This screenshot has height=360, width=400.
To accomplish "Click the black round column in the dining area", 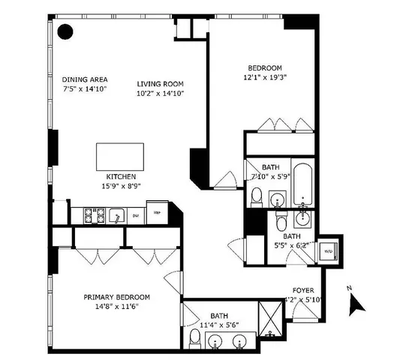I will (66, 31).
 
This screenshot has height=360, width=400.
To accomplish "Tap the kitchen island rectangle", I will (121, 157).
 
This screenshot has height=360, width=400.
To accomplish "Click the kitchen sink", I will (116, 216).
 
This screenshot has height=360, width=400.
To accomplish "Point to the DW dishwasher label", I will (136, 216).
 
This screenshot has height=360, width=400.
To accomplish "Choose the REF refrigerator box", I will (157, 212).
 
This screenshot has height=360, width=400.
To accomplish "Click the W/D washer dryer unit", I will (327, 250).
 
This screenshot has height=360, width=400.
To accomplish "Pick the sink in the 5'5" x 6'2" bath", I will (304, 218).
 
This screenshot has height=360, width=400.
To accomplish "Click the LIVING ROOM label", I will (161, 84).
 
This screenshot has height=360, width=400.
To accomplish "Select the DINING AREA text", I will (86, 79).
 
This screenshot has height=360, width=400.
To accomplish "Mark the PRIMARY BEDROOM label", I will (116, 297).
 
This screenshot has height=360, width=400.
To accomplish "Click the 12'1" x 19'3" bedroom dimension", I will (265, 76).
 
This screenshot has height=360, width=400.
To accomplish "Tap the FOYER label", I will (303, 290).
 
